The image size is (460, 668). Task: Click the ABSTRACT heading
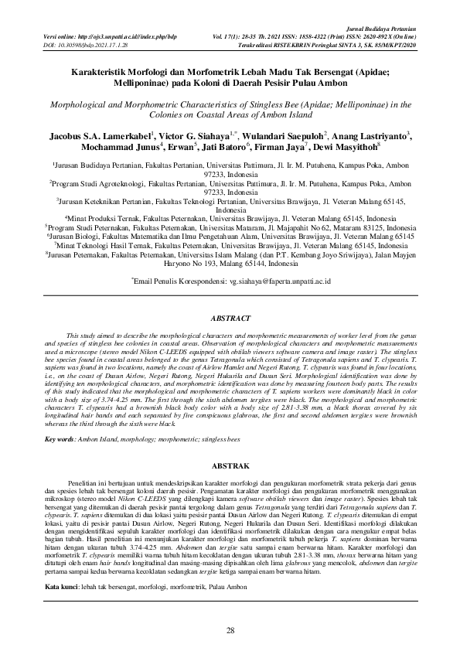[x=230, y=318]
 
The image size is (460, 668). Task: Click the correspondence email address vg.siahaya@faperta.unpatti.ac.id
[x=270, y=284]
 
